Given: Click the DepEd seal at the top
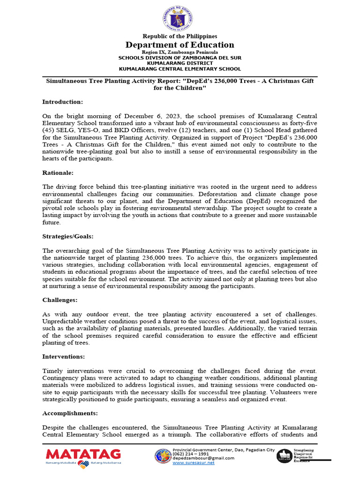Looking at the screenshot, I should tap(180, 17).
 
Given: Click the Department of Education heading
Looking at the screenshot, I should tap(180, 45).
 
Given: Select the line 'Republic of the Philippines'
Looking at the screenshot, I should tap(180, 36).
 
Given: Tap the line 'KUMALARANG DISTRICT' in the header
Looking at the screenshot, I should tap(180, 63).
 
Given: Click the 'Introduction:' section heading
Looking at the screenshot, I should tap(62, 102).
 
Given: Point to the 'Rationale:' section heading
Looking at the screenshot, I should tap(58, 172).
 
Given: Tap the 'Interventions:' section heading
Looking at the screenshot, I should tap(63, 357).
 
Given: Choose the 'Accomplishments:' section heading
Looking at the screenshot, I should tap(70, 413).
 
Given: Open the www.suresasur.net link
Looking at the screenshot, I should tap(194, 463).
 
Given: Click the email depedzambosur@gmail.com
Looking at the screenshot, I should tap(203, 458).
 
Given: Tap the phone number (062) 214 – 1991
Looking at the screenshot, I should tap(191, 454).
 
